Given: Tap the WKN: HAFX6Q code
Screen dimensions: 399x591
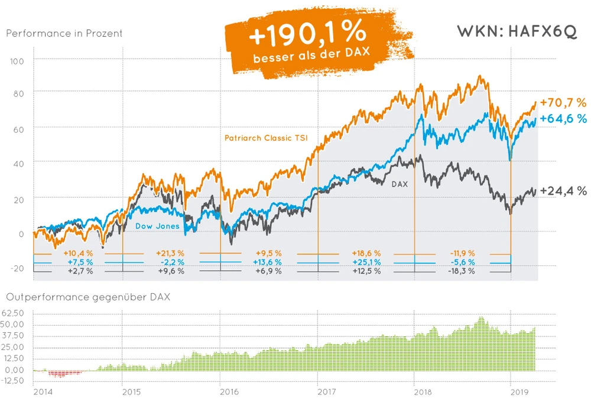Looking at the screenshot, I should click(x=517, y=32).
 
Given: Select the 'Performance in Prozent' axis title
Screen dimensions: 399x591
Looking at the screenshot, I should click(x=64, y=33).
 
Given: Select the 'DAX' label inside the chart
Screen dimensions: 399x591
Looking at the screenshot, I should click(x=400, y=184).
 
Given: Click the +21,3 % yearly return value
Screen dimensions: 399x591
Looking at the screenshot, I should click(x=171, y=254).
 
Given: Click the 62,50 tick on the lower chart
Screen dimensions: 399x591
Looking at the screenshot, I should click(x=14, y=313).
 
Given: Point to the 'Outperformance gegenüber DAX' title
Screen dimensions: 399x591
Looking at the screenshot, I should click(x=87, y=297).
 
